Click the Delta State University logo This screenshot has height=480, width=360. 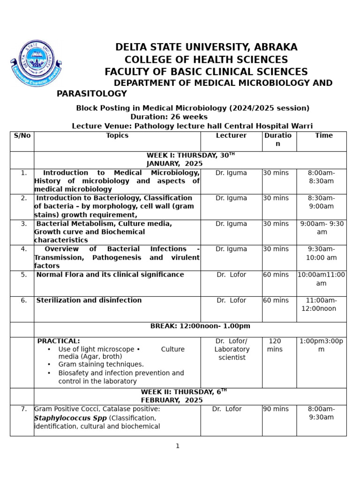click(x=36, y=64)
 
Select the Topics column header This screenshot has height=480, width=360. click(x=117, y=136)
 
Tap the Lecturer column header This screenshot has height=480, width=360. click(x=231, y=136)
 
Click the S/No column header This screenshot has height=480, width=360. click(x=22, y=136)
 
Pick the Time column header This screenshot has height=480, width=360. click(x=324, y=136)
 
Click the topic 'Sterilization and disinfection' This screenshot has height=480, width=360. click(x=89, y=300)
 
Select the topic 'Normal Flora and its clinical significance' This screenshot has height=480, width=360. click(x=110, y=275)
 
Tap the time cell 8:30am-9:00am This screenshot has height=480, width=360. click(x=321, y=202)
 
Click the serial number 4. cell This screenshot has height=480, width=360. click(x=24, y=249)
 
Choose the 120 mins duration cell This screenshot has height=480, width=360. click(x=275, y=345)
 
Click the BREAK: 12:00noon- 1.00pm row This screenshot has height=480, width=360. click(x=200, y=326)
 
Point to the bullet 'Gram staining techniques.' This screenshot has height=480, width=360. click(x=101, y=364)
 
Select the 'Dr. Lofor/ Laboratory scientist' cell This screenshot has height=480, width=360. click(x=232, y=349)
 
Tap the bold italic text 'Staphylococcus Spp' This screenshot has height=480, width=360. click(x=70, y=418)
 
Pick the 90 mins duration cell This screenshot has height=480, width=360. click(x=276, y=409)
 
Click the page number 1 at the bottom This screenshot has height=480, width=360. click(x=178, y=446)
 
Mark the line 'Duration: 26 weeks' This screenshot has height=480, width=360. click(x=169, y=117)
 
